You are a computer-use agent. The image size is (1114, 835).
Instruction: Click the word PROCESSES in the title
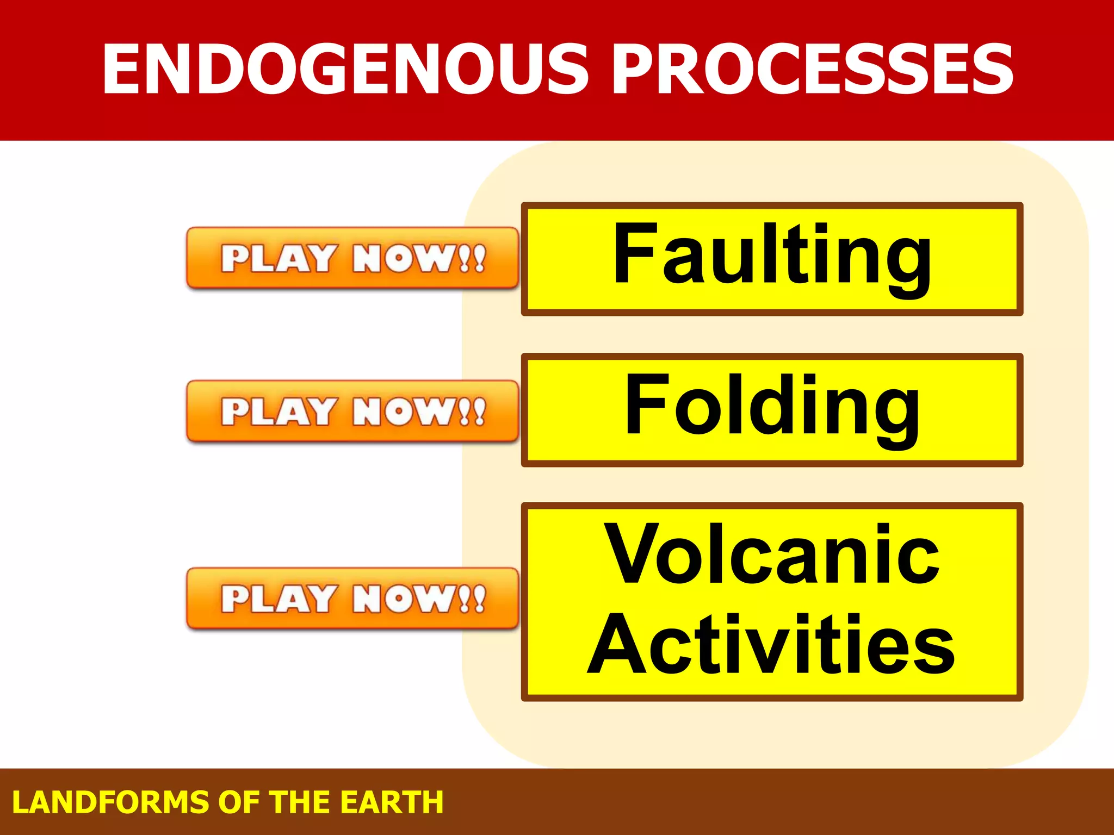coord(813,69)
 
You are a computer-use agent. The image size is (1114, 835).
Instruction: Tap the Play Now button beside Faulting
coord(352,258)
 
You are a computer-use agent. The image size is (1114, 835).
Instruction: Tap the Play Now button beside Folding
coord(352,412)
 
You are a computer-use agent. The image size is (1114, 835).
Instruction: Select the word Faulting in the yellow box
coord(772,256)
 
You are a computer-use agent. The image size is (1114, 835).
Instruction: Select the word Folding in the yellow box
coord(772,407)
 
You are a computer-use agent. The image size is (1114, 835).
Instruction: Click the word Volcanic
coord(772,556)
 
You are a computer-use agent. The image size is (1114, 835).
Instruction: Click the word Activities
coord(772,644)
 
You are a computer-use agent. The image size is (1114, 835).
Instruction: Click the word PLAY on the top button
coord(277,258)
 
